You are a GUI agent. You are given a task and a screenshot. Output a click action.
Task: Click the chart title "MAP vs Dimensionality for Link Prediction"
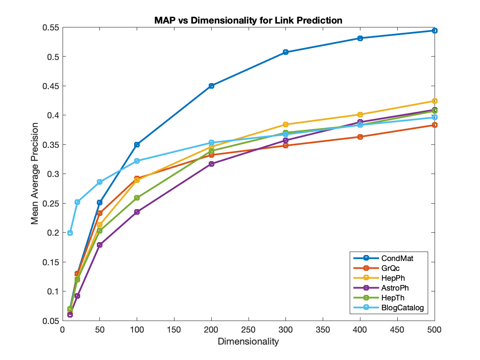click(248, 20)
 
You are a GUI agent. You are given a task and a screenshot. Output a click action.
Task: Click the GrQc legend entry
click(377, 268)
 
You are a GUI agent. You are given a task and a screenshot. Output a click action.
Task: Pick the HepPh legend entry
click(379, 278)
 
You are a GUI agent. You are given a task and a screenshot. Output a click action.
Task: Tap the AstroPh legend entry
click(381, 288)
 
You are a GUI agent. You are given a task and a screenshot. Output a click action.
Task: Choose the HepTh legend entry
click(379, 297)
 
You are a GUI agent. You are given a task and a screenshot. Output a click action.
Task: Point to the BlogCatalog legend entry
click(389, 307)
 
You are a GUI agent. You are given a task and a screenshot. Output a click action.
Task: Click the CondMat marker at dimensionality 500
click(435, 30)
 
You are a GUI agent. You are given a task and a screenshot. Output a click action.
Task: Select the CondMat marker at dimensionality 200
click(211, 86)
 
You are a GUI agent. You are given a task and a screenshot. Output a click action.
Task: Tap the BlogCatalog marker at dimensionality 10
click(70, 233)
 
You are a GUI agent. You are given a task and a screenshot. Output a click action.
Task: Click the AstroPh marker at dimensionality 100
click(137, 212)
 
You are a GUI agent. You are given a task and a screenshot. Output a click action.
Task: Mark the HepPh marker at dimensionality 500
click(435, 101)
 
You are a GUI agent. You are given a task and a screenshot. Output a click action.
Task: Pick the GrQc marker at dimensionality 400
click(360, 137)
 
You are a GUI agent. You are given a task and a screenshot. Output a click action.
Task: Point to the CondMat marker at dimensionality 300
click(285, 52)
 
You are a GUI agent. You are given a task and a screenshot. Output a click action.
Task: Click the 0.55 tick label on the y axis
click(51, 27)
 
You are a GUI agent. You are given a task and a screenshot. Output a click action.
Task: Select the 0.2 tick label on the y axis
click(53, 233)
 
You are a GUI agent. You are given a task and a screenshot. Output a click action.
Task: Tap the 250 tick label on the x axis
click(248, 330)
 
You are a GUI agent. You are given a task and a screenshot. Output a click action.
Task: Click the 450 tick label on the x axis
click(397, 330)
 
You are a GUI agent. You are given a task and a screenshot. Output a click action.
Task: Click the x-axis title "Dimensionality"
click(248, 341)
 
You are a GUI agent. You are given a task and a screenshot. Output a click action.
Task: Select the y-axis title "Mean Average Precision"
click(35, 174)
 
